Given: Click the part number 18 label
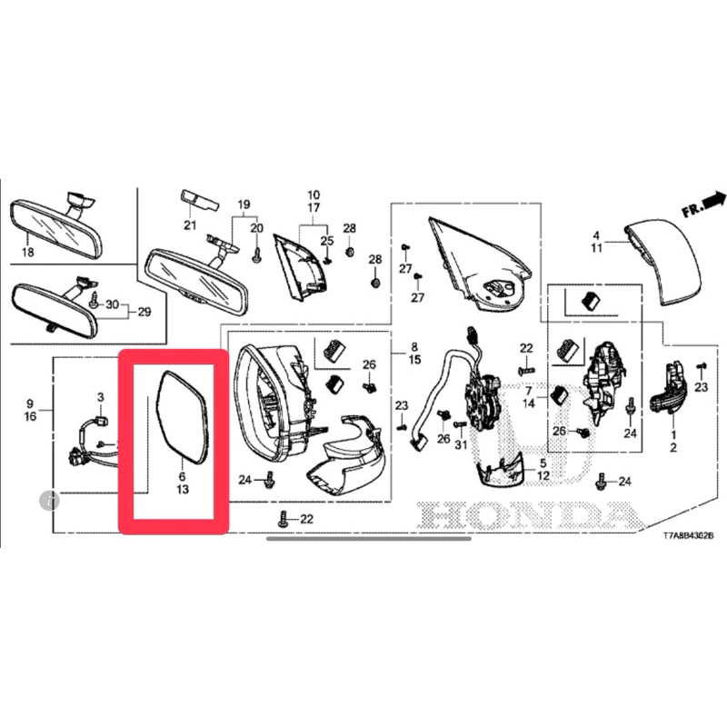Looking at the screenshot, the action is tap(28, 252).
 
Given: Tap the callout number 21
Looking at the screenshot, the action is tap(190, 225).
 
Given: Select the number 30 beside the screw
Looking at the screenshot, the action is tap(112, 304).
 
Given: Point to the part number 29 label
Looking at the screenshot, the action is tap(144, 312).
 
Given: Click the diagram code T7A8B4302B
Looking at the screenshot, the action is tap(688, 535).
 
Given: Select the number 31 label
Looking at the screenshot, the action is tap(461, 444).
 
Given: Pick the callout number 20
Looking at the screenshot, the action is tap(256, 228).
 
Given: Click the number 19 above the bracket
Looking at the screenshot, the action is tap(244, 204).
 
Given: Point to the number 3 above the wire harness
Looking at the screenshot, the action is tap(101, 397).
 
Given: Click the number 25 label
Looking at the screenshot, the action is tap(327, 241).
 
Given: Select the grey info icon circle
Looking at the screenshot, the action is tap(50, 501).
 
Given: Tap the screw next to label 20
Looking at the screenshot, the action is tap(256, 254).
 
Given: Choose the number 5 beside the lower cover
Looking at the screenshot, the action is tap(543, 463).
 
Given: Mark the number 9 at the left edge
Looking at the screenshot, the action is tap(30, 403).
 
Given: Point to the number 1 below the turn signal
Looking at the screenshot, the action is tap(672, 435).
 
